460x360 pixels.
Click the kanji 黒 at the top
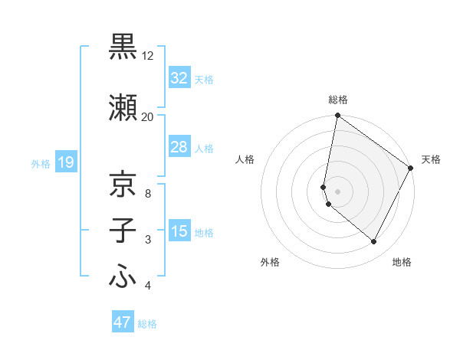pos(123,47)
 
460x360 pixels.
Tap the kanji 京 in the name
pos(123,184)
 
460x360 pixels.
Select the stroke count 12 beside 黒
pos(147,56)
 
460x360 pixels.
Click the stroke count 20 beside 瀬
pos(147,116)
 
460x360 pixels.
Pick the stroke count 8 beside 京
pos(147,193)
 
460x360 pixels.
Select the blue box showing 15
pos(179,231)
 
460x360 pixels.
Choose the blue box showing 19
pos(65,162)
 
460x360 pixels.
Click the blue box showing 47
pos(122,322)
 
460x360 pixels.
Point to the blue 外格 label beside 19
pos(41,163)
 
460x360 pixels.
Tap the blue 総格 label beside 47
pos(147,324)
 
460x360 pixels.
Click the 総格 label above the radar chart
pos(337,100)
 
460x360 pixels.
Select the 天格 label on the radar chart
pos(431,159)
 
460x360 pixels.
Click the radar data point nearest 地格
pos(374,242)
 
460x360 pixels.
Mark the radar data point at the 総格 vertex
pos(337,116)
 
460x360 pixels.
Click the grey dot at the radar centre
pos(337,191)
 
